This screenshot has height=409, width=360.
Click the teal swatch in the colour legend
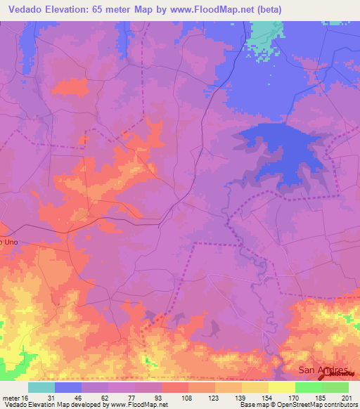(41, 387)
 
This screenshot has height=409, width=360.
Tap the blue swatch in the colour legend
(68, 387)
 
